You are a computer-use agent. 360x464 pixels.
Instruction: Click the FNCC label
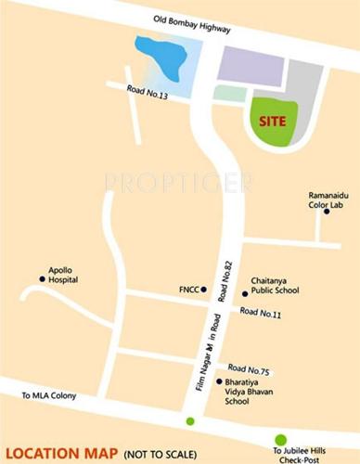[x=187, y=289]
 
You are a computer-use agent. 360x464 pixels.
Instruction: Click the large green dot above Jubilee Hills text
[x=280, y=440]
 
